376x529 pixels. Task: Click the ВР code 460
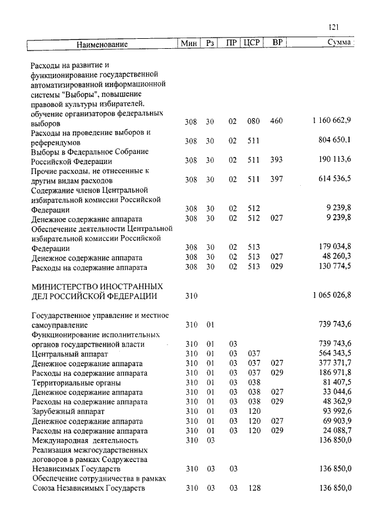[x=276, y=120]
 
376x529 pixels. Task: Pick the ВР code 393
[x=276, y=160]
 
